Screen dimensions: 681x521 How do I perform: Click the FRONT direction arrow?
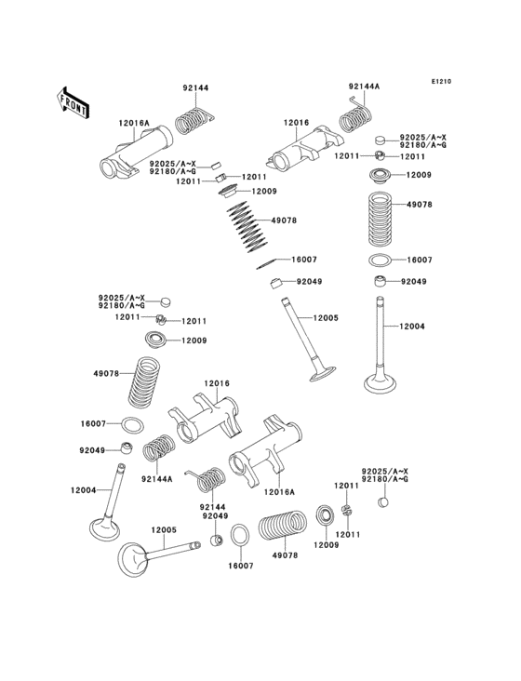[x=73, y=100]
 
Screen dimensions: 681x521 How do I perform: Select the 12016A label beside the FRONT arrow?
[x=133, y=124]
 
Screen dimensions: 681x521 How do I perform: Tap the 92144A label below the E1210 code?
[x=364, y=86]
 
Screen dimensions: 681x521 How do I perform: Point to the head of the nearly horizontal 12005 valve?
[x=139, y=562]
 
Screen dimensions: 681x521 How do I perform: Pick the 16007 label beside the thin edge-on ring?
[x=304, y=260]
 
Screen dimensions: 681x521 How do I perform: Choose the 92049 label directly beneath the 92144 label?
[x=214, y=515]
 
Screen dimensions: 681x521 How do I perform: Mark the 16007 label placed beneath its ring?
[x=240, y=566]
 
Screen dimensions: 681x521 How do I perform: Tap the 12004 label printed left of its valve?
[x=84, y=490]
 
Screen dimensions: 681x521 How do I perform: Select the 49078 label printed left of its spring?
[x=105, y=374]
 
